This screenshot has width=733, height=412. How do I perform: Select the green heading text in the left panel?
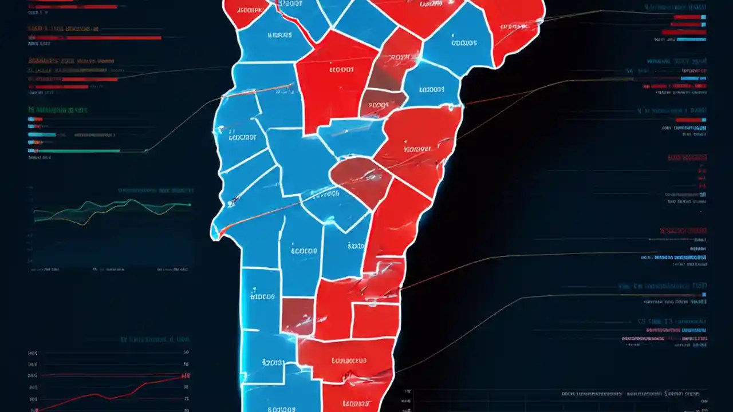click(57, 109)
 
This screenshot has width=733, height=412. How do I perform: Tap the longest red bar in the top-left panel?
click(95, 38)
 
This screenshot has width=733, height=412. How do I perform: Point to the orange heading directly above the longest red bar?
click(63, 29)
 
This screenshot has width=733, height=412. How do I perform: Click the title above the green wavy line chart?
click(155, 190)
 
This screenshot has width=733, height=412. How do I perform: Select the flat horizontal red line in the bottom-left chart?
click(109, 375)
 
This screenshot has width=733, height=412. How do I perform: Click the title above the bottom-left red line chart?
click(155, 339)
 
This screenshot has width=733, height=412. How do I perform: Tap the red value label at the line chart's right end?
click(185, 376)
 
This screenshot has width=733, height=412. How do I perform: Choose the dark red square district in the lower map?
click(298, 315)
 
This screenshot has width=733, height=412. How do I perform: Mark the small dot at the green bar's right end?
click(146, 151)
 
